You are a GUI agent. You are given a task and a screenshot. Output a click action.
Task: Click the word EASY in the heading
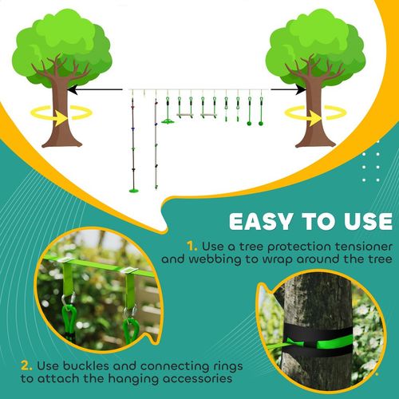click(x=265, y=220)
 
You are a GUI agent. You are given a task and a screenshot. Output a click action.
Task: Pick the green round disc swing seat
click(x=168, y=121)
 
